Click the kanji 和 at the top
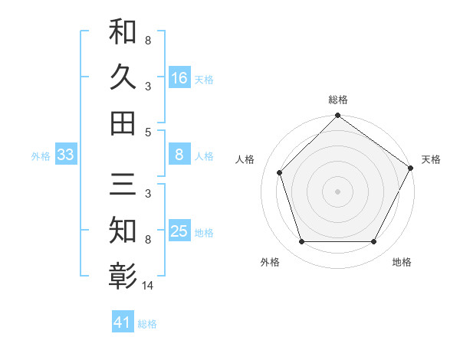pos(123,33)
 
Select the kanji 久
pos(123,77)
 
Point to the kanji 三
pos(123,185)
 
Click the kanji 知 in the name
pos(123,230)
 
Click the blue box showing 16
pos(179,77)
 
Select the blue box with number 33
pos(65,155)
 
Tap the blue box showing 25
pos(179,232)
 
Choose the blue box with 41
pos(123,322)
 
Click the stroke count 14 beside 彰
pos(147,286)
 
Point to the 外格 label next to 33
pos(41,156)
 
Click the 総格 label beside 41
pos(147,324)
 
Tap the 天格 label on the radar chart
pos(431,159)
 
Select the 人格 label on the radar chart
pos(245,159)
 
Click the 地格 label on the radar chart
pos(402,262)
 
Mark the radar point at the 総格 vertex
pos(337,117)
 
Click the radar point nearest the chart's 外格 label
pos(301,242)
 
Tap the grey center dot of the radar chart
pos(337,191)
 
